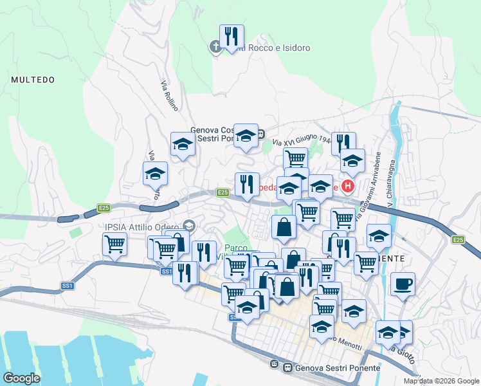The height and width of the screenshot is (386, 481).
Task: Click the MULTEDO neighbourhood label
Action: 32,80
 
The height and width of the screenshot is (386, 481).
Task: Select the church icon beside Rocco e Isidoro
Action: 216,46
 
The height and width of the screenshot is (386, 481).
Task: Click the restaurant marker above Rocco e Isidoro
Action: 231,37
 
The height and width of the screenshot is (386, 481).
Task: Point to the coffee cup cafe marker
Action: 403,284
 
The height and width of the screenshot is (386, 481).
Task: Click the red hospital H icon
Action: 348,187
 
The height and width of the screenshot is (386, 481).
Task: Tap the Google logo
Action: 21,378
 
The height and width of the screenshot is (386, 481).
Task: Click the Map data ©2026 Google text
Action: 442,381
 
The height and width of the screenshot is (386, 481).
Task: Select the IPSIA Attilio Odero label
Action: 142,226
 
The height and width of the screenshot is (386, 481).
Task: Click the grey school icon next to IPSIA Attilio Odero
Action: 189,225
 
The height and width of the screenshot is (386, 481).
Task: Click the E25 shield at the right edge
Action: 457,240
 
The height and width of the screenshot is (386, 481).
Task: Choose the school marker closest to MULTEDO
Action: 154,174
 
